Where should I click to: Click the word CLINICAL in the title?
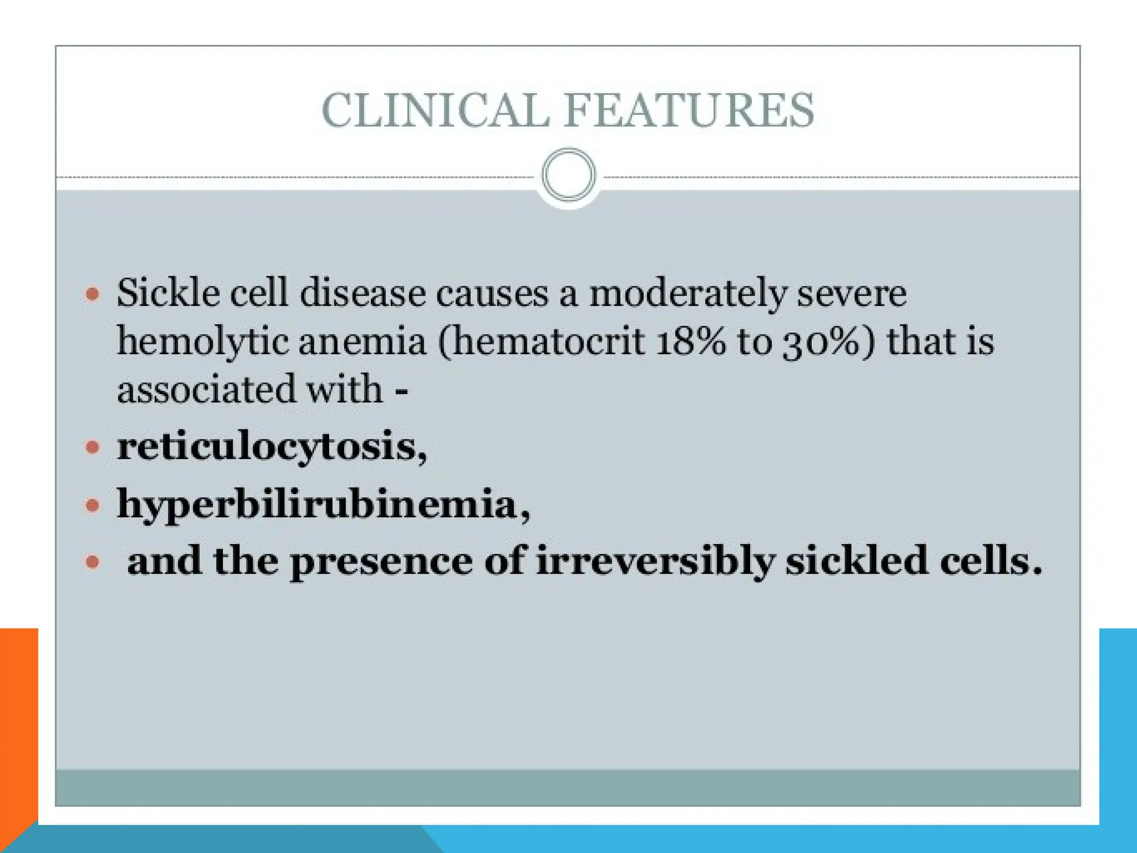click(x=435, y=110)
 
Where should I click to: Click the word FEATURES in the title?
click(x=689, y=110)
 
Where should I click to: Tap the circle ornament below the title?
click(x=568, y=174)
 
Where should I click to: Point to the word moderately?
click(x=687, y=294)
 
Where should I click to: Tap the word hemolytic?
click(x=202, y=342)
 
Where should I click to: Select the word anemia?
click(x=362, y=342)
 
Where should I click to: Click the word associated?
click(x=206, y=389)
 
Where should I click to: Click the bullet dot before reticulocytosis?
click(x=93, y=446)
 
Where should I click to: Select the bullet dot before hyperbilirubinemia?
click(x=93, y=505)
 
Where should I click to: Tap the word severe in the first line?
click(x=852, y=294)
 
